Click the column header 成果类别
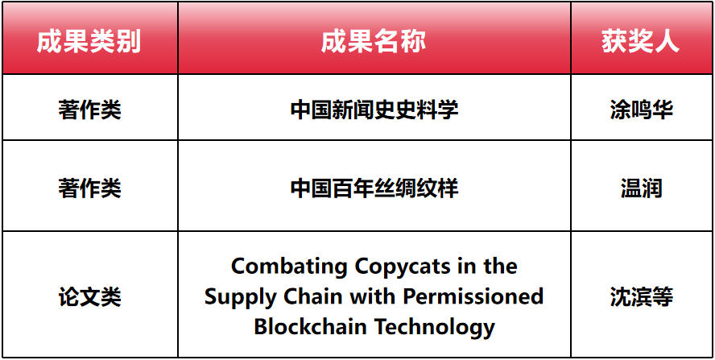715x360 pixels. tap(89, 42)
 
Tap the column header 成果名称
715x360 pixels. tap(374, 42)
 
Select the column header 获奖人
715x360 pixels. tap(641, 42)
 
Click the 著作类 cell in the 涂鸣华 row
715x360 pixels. tap(89, 110)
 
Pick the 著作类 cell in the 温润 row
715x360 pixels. tap(89, 188)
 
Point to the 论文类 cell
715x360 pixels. tap(89, 297)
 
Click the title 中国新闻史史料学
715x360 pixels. tap(374, 110)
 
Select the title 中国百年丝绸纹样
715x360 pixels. tap(374, 188)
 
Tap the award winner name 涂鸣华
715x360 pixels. tap(641, 110)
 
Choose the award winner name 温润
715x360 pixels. tap(641, 188)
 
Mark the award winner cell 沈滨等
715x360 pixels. tap(641, 297)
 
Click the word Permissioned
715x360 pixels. tap(473, 296)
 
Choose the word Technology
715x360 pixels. tap(435, 328)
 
